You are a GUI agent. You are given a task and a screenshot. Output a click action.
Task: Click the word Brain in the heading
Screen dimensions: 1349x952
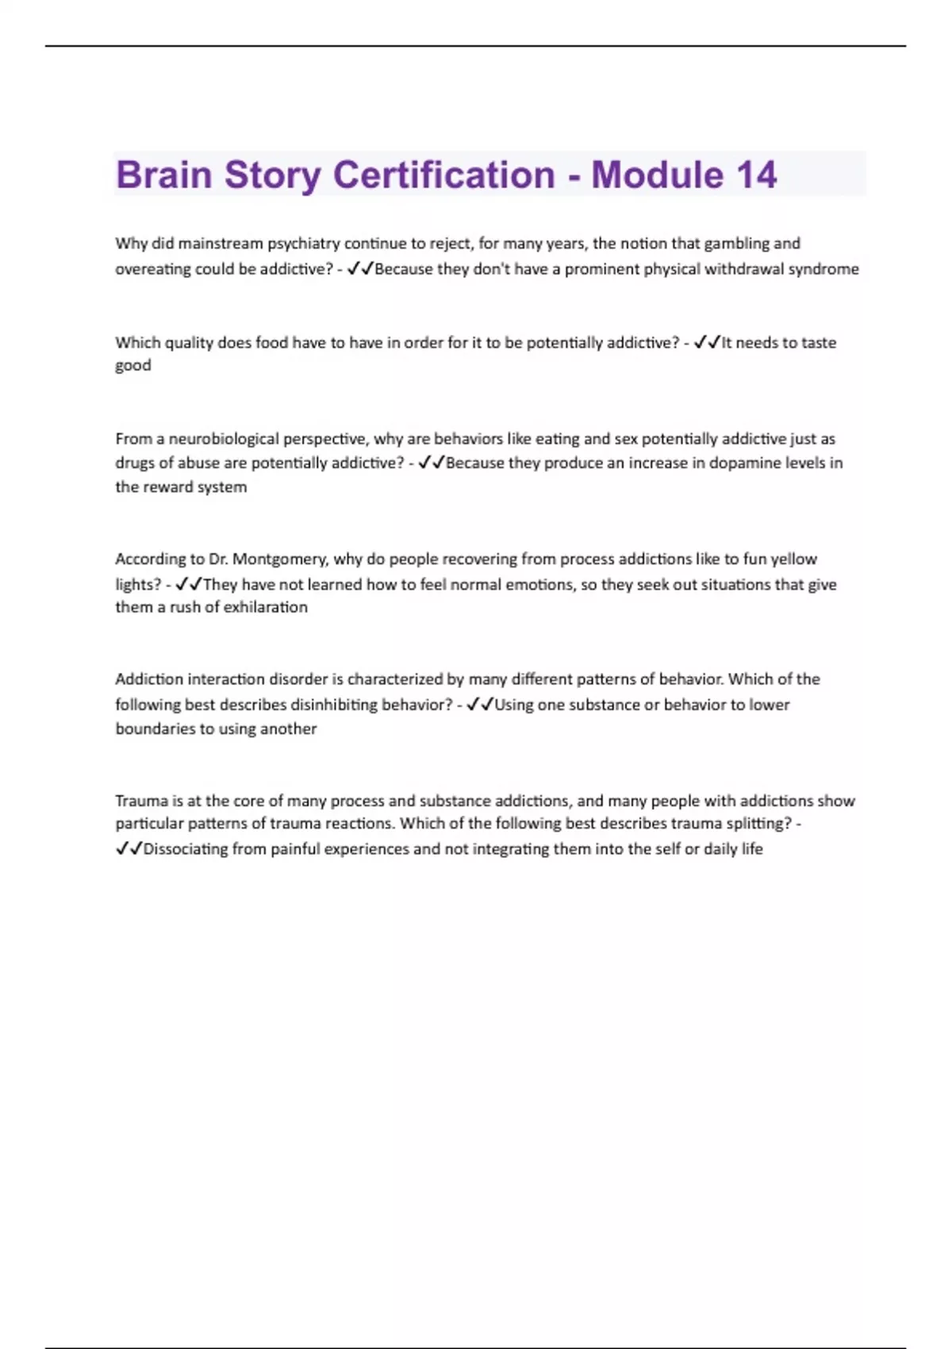[164, 175]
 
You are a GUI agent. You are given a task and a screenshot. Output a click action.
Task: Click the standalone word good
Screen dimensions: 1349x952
[132, 365]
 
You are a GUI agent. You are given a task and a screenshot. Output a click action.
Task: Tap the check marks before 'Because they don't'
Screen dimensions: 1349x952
[360, 269]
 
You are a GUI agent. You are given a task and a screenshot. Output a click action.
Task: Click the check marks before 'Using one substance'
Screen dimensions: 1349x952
[480, 705]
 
